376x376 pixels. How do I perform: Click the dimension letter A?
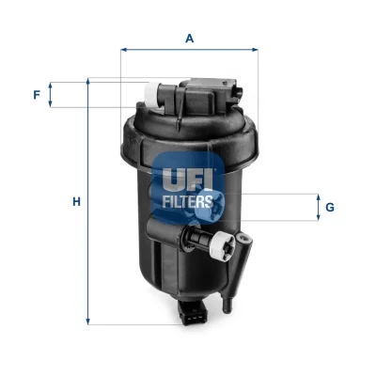click(190, 39)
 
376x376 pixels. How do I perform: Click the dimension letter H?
click(76, 202)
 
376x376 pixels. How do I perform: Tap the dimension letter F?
click(37, 95)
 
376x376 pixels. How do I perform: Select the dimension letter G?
click(330, 208)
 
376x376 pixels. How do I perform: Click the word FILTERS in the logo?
click(188, 201)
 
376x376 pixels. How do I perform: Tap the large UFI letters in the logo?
click(187, 180)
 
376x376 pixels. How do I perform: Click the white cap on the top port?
click(151, 93)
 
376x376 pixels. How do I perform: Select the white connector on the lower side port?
click(223, 243)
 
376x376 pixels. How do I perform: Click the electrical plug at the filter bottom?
click(192, 312)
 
